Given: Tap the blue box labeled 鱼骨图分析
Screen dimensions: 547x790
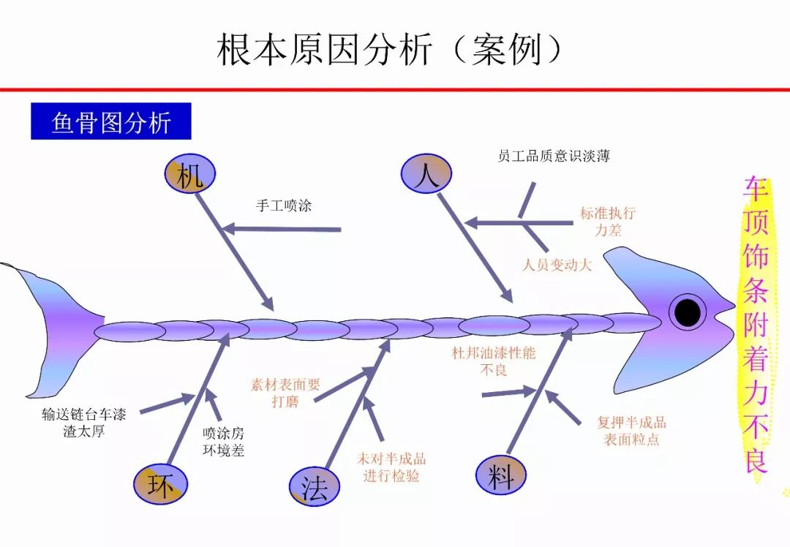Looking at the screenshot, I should [x=111, y=121].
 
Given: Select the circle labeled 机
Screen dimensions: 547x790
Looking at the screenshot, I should [x=189, y=175].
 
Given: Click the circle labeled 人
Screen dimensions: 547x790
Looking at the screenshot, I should [x=426, y=175].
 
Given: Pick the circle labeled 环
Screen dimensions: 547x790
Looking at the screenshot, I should [x=160, y=484].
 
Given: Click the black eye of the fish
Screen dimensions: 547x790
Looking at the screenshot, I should [x=687, y=312].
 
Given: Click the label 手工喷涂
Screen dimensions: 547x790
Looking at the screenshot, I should [x=284, y=205].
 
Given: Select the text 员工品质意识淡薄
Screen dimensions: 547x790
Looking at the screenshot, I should [x=553, y=156].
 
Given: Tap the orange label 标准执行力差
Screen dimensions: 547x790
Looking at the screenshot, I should [x=608, y=222].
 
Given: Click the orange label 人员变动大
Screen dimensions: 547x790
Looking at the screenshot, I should [x=557, y=265].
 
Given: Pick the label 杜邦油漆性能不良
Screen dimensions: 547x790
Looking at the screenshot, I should [x=494, y=361].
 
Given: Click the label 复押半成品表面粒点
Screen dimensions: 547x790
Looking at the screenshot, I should [x=632, y=431].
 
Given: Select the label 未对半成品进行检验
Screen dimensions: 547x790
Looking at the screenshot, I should [x=391, y=467].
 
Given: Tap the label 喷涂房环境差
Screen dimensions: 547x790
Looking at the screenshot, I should [x=223, y=442].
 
